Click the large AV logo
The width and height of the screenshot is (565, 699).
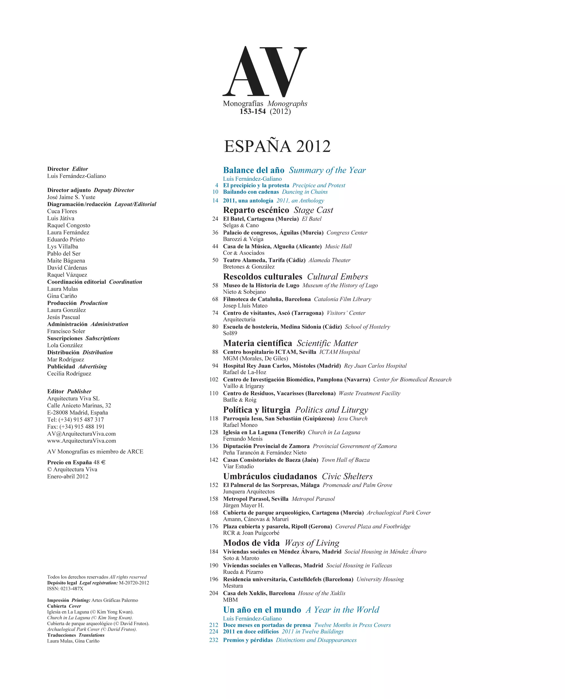tap(264, 71)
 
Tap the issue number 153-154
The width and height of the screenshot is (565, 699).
tap(253, 112)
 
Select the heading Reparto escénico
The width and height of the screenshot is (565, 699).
tap(256, 210)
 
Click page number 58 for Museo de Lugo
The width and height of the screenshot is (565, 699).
tap(215, 286)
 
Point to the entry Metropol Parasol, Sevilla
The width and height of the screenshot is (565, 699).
tap(255, 499)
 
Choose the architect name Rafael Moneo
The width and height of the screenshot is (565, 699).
tap(240, 425)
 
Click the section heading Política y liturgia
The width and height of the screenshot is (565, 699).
tap(257, 410)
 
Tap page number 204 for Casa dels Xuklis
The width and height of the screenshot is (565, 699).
tap(214, 593)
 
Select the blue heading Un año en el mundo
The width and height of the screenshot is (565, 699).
tap(262, 610)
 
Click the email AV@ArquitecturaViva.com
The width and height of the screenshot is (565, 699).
tap(81, 434)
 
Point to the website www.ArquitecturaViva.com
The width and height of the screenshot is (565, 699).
tap(81, 441)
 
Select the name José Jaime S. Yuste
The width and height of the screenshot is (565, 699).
tap(71, 197)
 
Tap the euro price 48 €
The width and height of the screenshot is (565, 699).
tap(100, 462)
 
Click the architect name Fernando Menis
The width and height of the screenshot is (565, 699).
tap(242, 439)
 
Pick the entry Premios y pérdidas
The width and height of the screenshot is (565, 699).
tap(248, 640)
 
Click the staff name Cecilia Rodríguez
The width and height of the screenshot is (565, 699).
tap(69, 374)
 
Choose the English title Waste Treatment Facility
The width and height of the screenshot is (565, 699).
tap(370, 393)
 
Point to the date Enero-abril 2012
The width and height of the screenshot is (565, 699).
tap(68, 476)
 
